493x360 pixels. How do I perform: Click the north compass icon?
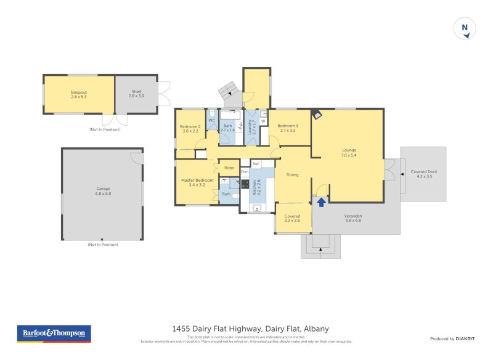point(465,29)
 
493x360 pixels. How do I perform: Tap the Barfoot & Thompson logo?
point(54,333)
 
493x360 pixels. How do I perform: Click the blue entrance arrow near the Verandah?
point(321,201)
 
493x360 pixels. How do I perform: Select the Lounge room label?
point(349,152)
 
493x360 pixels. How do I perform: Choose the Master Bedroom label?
point(197,182)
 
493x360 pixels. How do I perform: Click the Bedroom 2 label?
point(190,128)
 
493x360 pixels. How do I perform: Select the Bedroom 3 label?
point(288,128)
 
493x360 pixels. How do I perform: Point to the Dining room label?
point(292,174)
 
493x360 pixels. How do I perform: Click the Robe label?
point(229,168)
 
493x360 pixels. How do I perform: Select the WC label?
point(211,120)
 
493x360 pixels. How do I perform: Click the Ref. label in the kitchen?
point(256,164)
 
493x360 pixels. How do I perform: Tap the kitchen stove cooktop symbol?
point(245,184)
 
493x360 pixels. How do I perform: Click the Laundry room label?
point(251,128)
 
